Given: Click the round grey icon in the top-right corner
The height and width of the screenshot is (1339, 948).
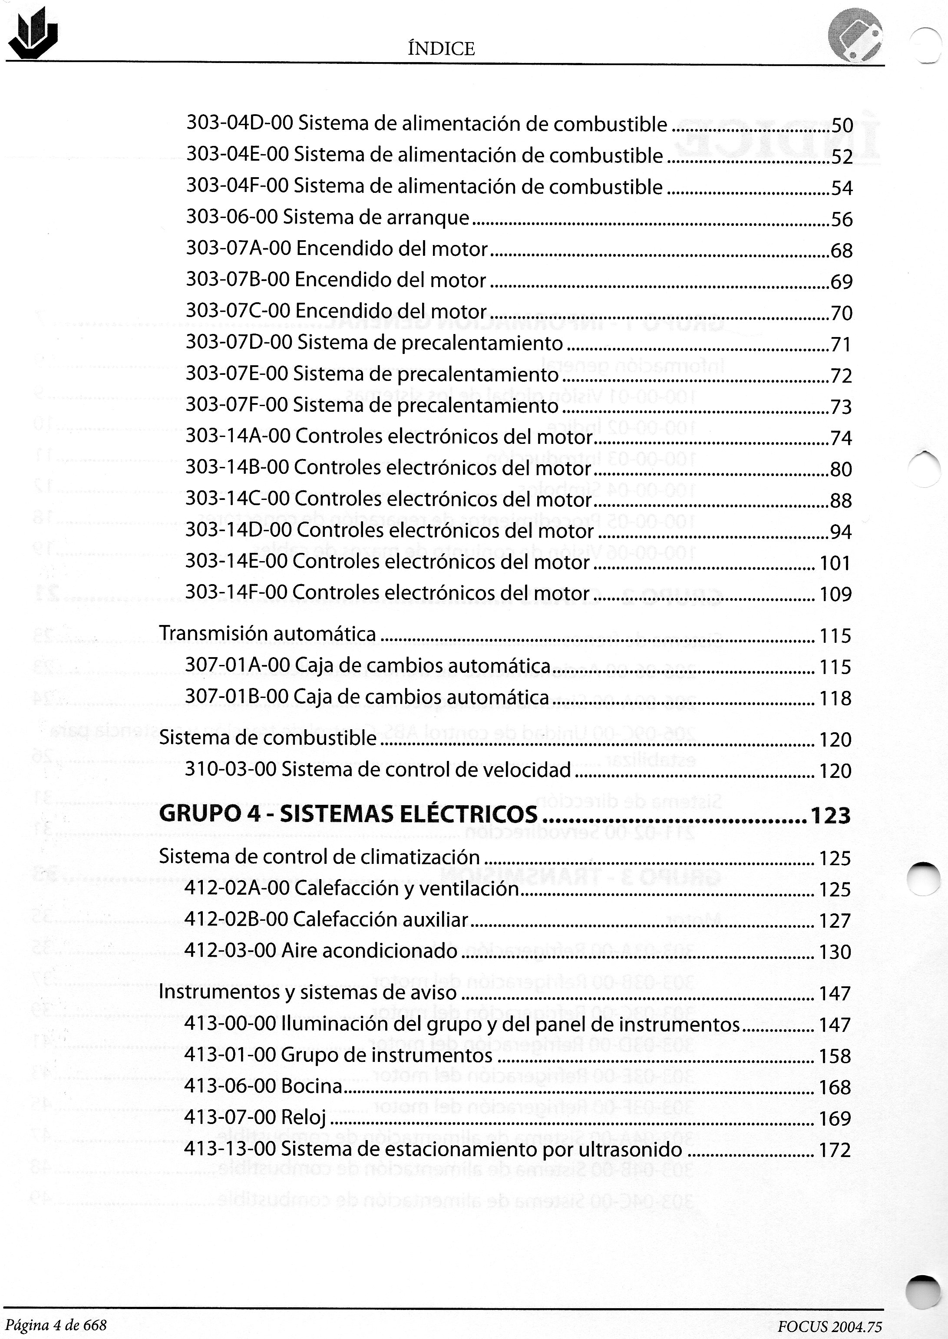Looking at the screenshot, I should tap(855, 35).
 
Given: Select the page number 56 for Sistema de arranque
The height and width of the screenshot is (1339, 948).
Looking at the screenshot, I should tap(841, 220).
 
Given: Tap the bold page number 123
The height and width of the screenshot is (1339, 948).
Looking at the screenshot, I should tap(830, 815).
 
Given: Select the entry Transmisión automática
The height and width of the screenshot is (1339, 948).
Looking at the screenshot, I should tap(268, 634).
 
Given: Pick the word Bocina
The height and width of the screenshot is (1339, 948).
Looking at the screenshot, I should tap(312, 1086).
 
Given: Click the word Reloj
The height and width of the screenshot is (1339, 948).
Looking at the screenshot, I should tap(303, 1118).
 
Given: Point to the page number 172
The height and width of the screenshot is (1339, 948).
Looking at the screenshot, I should tap(835, 1150).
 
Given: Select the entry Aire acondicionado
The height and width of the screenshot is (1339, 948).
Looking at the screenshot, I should tap(370, 951).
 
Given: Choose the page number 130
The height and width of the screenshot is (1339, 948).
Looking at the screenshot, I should tap(835, 952).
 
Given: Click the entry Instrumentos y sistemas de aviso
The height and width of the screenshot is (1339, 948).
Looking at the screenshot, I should tap(307, 992).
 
